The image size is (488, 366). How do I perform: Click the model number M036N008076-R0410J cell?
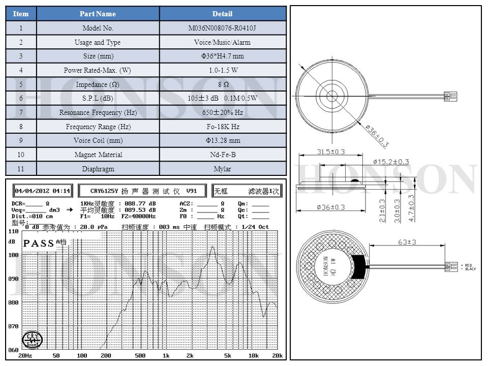click(223, 28)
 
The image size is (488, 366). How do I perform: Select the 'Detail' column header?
click(223, 14)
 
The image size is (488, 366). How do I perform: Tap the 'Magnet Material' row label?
click(99, 155)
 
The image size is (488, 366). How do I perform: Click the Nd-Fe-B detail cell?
click(223, 155)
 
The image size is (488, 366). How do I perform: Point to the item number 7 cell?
click(21, 112)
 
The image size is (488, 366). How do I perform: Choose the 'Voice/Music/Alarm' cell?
click(223, 42)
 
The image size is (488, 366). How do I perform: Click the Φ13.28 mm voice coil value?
click(223, 140)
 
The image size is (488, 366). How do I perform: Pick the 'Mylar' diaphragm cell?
click(223, 169)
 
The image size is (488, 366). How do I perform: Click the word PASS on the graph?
click(39, 243)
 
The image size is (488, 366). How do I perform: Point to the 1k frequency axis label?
click(166, 356)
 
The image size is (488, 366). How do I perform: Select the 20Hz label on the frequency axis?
click(25, 356)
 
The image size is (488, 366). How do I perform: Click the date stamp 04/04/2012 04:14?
click(43, 191)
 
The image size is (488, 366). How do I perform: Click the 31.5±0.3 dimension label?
click(331, 151)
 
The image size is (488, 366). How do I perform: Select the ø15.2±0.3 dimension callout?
click(391, 162)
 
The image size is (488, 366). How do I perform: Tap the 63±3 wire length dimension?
click(407, 242)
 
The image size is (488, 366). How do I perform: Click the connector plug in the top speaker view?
click(450, 96)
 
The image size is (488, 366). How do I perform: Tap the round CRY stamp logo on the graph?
click(32, 341)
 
